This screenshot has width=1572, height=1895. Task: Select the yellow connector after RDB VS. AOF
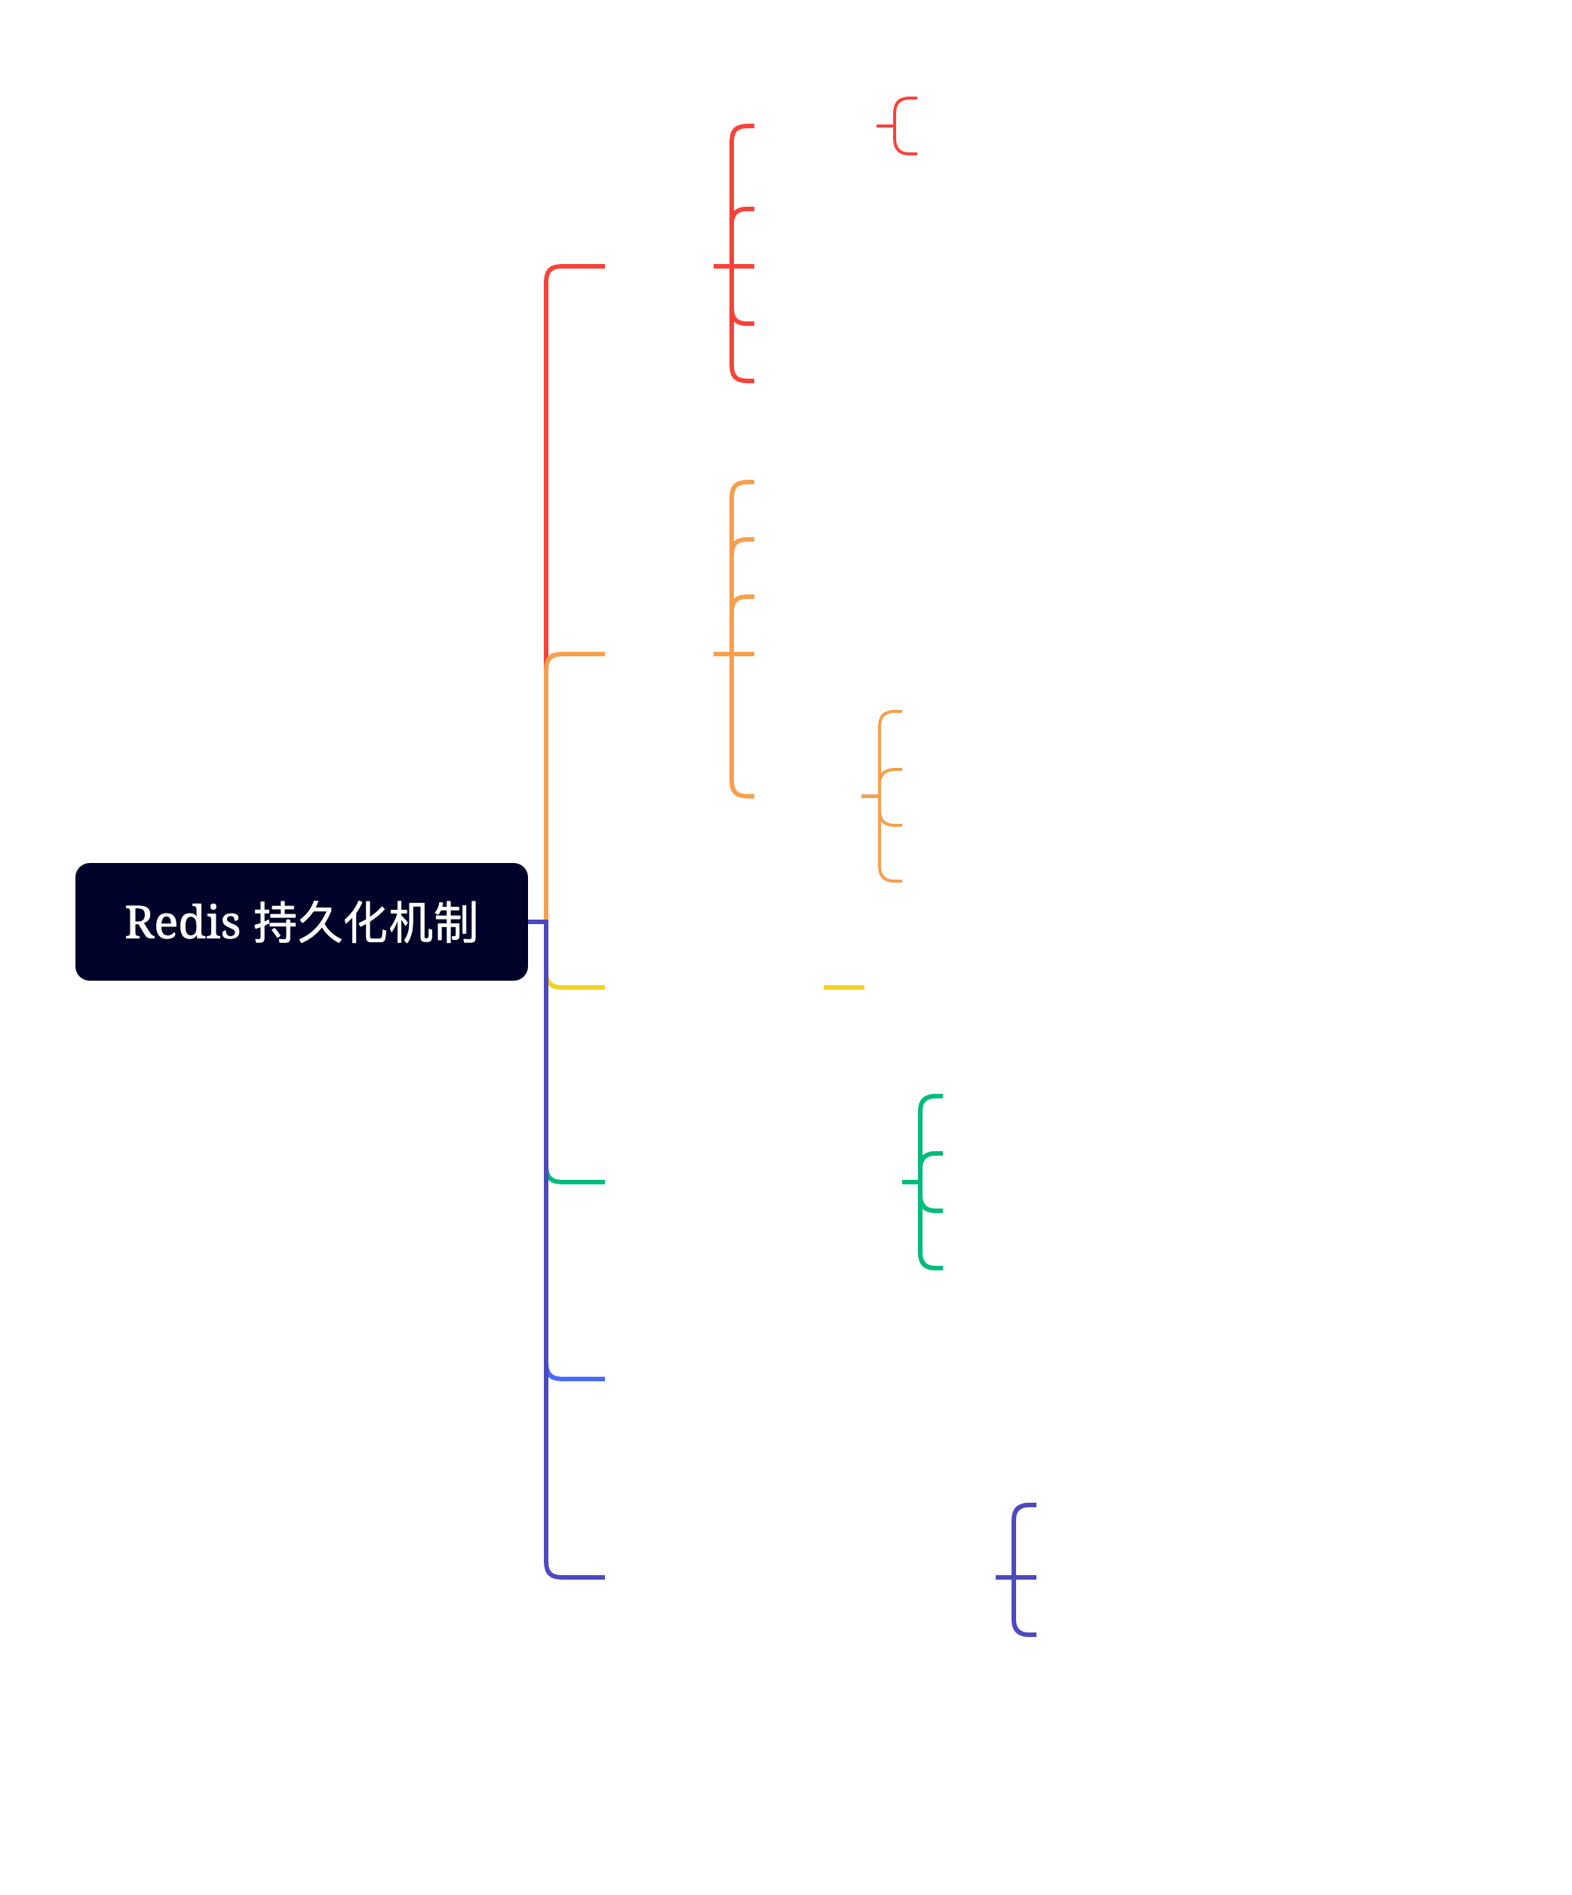coord(843,987)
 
